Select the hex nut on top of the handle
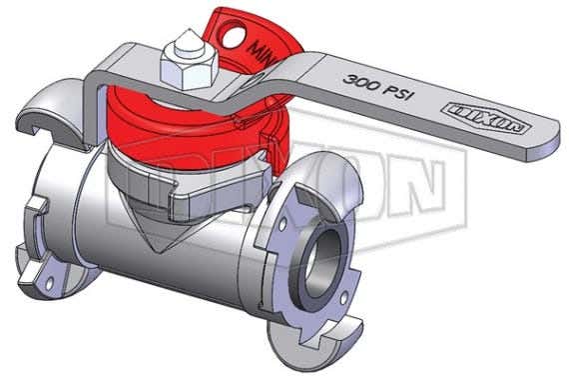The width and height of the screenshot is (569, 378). point(186,63)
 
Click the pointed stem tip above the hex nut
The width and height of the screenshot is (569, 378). point(188,40)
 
